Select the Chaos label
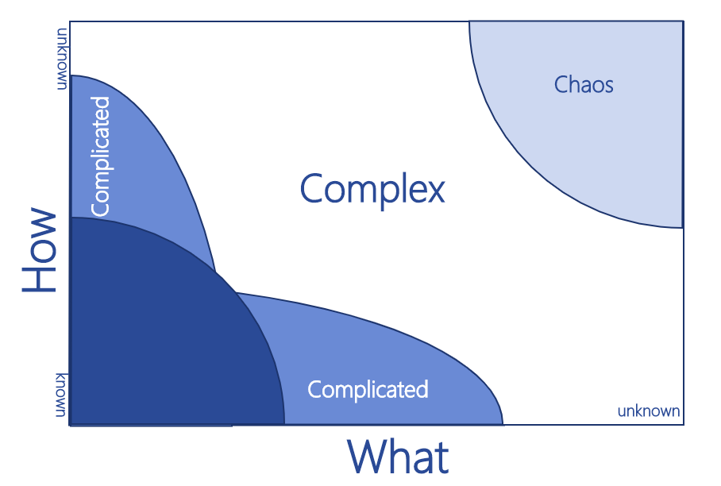point(584,84)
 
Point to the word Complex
point(372,190)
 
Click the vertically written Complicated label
point(101,156)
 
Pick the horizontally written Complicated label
point(368,390)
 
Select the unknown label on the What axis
point(649,411)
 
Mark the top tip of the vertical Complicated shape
point(72,75)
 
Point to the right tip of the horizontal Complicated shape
point(503,423)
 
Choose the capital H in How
point(39,279)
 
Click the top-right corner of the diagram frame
point(683,21)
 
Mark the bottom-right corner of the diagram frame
point(683,425)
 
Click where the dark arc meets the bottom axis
point(284,424)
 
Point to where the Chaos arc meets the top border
point(469,22)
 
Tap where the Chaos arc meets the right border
point(682,227)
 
